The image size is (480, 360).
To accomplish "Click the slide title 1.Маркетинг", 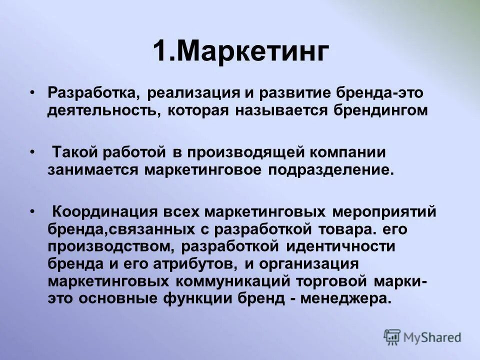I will [240, 52].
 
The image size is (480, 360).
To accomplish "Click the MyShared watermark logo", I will [422, 337].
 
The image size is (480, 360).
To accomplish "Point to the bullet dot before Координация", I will [33, 210].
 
